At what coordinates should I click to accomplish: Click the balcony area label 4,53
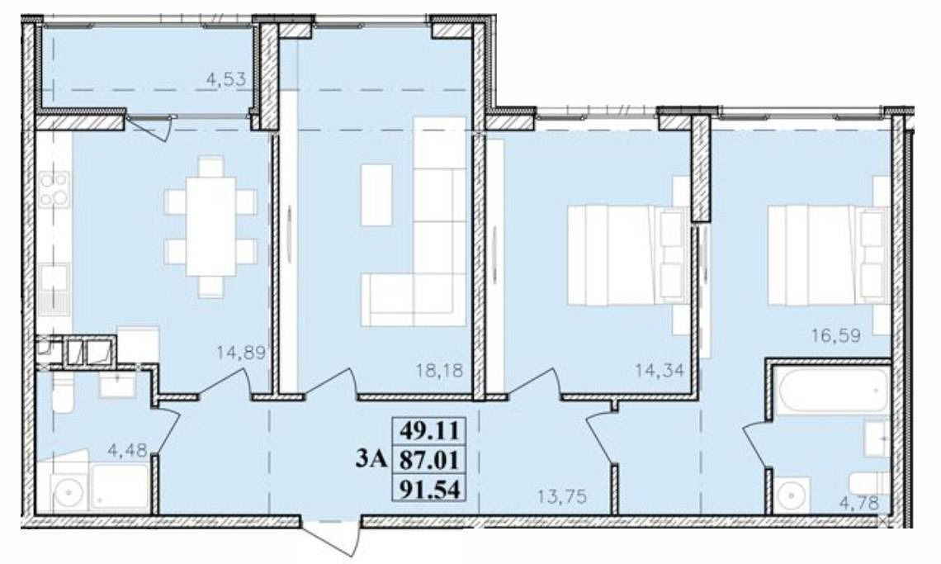(x=225, y=79)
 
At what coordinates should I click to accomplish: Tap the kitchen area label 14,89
(x=242, y=353)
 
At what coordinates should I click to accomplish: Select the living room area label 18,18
(x=440, y=371)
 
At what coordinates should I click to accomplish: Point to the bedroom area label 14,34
(x=660, y=370)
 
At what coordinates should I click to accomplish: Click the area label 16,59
(x=836, y=336)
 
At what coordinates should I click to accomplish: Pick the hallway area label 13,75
(x=562, y=497)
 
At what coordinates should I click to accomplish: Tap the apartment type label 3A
(x=373, y=459)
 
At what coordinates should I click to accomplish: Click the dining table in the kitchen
(x=210, y=226)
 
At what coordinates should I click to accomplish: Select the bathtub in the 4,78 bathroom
(x=831, y=389)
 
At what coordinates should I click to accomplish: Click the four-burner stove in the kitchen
(x=54, y=190)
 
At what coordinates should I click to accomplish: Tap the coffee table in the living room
(x=377, y=195)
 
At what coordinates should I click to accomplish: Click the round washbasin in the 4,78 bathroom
(x=792, y=496)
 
